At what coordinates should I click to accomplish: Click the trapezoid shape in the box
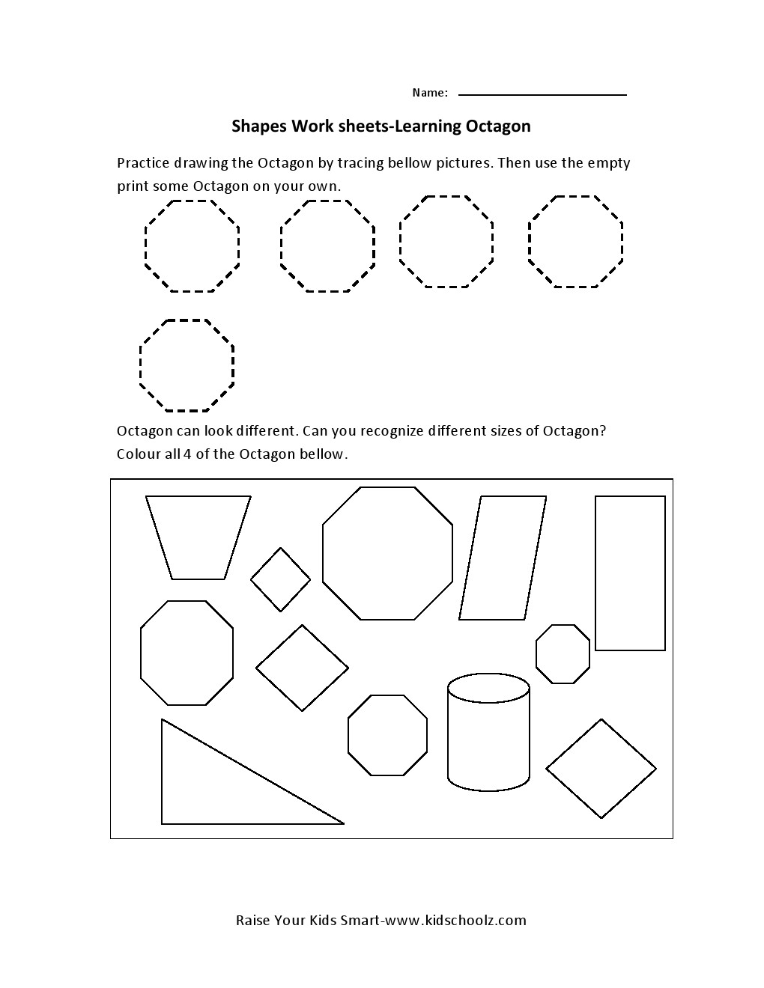tap(198, 536)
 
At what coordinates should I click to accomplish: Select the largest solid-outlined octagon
tap(387, 553)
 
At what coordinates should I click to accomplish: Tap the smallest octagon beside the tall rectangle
tap(563, 653)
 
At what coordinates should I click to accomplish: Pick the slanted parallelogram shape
tap(503, 558)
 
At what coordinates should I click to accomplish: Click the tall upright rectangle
tap(630, 573)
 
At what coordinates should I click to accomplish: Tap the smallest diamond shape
tap(280, 579)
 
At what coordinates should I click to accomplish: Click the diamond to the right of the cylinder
tap(601, 769)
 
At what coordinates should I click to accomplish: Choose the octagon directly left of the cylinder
tap(387, 735)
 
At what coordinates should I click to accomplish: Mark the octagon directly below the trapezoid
tap(187, 653)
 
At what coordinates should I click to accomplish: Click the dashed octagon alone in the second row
tap(187, 365)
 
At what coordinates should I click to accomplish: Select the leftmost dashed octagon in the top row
tap(192, 246)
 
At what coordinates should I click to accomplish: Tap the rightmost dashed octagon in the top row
tap(575, 241)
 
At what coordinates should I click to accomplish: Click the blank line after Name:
tap(542, 94)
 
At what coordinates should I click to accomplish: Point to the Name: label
tap(430, 93)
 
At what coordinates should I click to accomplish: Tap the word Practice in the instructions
tap(143, 163)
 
